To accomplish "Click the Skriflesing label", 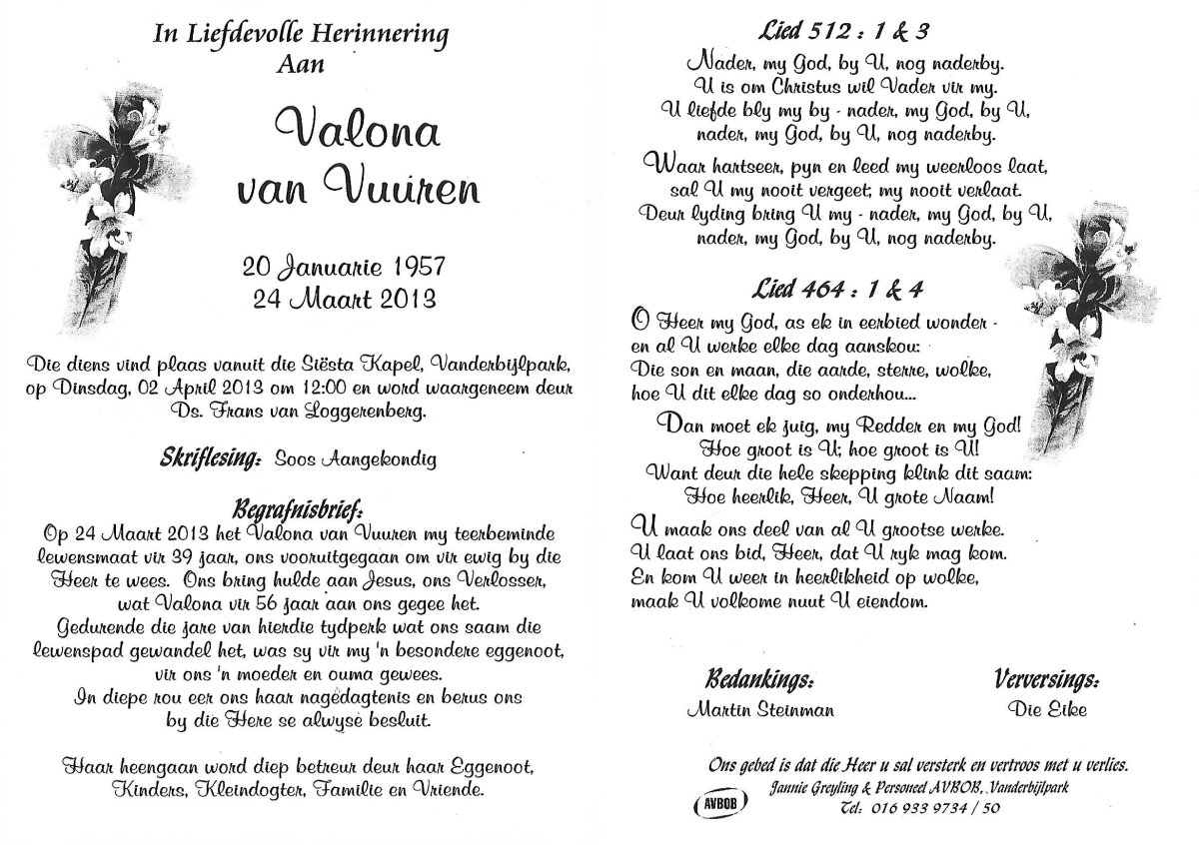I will (210, 459).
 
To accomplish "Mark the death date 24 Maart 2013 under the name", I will (341, 297).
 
